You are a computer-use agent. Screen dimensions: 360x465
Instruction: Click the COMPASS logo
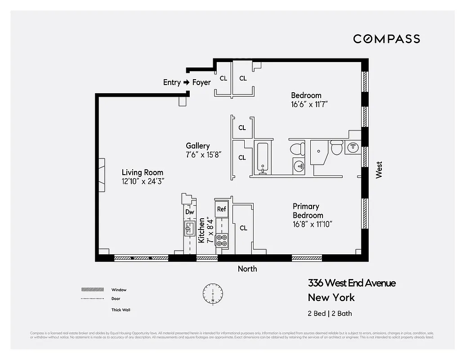pos(386,39)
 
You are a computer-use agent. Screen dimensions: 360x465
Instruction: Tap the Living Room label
pos(143,172)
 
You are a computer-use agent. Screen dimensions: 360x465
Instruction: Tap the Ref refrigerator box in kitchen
pos(221,209)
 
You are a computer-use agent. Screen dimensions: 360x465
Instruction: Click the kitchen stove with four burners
pos(222,240)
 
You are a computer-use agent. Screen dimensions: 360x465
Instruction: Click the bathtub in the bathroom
pos(263,157)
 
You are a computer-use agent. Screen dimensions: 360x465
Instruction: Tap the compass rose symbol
pos(212,293)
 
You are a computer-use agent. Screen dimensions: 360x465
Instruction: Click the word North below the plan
pos(247,269)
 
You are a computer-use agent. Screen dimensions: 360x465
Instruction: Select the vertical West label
pos(379,170)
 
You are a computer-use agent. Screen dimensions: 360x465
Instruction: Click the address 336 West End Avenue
pos(352,283)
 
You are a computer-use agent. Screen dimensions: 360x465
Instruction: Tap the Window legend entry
pos(119,290)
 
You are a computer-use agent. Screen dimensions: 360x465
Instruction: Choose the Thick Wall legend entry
pos(121,310)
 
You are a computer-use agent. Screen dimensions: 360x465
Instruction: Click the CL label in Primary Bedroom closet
pos(243,228)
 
